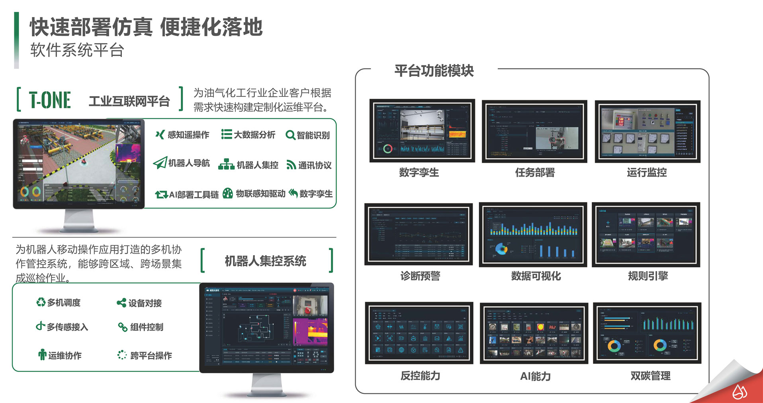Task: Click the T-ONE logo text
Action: [50, 100]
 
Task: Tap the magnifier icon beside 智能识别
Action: [290, 136]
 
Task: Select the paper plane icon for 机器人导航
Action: [160, 163]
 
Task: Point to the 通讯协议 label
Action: [315, 165]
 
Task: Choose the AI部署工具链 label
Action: [194, 195]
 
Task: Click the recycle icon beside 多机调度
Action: [41, 303]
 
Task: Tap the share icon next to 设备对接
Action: [121, 303]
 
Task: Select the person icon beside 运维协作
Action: [42, 355]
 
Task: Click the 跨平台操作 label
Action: [151, 356]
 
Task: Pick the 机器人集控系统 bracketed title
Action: [265, 261]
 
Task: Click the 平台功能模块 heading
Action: [434, 71]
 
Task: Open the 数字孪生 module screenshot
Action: [422, 131]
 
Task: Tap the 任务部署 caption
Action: [535, 173]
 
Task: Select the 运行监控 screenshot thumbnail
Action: [647, 131]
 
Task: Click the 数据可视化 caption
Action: [536, 276]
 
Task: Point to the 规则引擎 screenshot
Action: [646, 234]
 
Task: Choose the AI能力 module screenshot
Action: [534, 333]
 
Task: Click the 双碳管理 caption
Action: [650, 376]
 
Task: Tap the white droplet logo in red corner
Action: [740, 392]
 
